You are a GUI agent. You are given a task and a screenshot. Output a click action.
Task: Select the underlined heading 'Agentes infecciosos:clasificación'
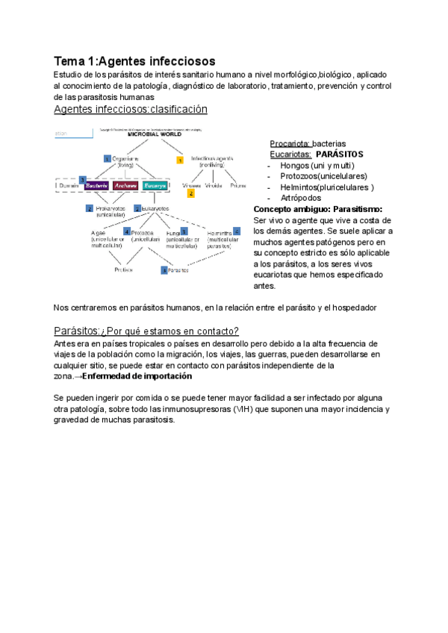[130, 110]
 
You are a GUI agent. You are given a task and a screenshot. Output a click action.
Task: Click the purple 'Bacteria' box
[96, 185]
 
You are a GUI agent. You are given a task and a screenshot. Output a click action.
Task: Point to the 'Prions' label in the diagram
[237, 184]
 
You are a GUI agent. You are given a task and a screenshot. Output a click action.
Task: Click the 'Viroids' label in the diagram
[214, 184]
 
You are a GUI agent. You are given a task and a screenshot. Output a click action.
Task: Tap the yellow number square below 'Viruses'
[190, 193]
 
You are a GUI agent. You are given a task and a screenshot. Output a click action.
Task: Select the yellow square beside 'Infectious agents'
[179, 160]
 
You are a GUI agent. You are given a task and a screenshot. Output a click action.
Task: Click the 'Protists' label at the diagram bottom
[123, 269]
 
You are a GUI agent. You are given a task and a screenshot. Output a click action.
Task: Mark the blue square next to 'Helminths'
[237, 231]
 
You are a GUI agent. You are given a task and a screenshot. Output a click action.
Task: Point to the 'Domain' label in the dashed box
[69, 185]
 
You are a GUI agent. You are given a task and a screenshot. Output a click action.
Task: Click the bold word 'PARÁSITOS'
[340, 154]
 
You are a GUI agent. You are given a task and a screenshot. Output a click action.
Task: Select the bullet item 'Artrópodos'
[300, 198]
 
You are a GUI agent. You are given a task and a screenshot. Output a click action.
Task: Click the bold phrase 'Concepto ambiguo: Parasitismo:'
[317, 209]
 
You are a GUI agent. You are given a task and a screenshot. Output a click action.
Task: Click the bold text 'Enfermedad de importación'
[140, 376]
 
